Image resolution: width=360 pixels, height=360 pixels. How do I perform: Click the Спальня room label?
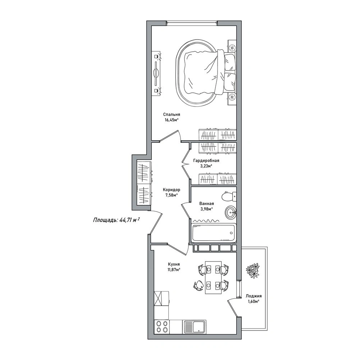(172, 114)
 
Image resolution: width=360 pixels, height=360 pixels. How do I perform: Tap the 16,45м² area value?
(172, 120)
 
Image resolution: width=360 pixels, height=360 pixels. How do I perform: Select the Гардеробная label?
(206, 161)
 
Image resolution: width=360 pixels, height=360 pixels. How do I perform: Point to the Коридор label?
(171, 190)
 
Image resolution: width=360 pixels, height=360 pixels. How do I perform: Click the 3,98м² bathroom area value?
(206, 209)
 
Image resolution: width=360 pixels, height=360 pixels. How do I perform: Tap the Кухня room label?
(174, 264)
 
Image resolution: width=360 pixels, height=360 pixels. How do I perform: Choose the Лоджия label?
(254, 296)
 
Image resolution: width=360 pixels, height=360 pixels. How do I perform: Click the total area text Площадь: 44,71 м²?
(117, 220)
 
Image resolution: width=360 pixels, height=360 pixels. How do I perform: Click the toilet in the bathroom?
(229, 196)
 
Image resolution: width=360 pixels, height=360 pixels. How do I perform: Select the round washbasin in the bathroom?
(230, 213)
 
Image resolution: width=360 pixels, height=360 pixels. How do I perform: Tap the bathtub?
(214, 233)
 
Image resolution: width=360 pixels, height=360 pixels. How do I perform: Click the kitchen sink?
(195, 327)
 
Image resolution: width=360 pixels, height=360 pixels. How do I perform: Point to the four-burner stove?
(162, 327)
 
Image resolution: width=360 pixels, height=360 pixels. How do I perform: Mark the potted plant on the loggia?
(253, 271)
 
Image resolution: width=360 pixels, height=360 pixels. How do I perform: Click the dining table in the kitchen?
(213, 277)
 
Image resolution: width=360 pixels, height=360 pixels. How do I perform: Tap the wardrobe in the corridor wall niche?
(144, 183)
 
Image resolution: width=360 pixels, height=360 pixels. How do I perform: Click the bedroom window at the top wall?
(192, 22)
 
